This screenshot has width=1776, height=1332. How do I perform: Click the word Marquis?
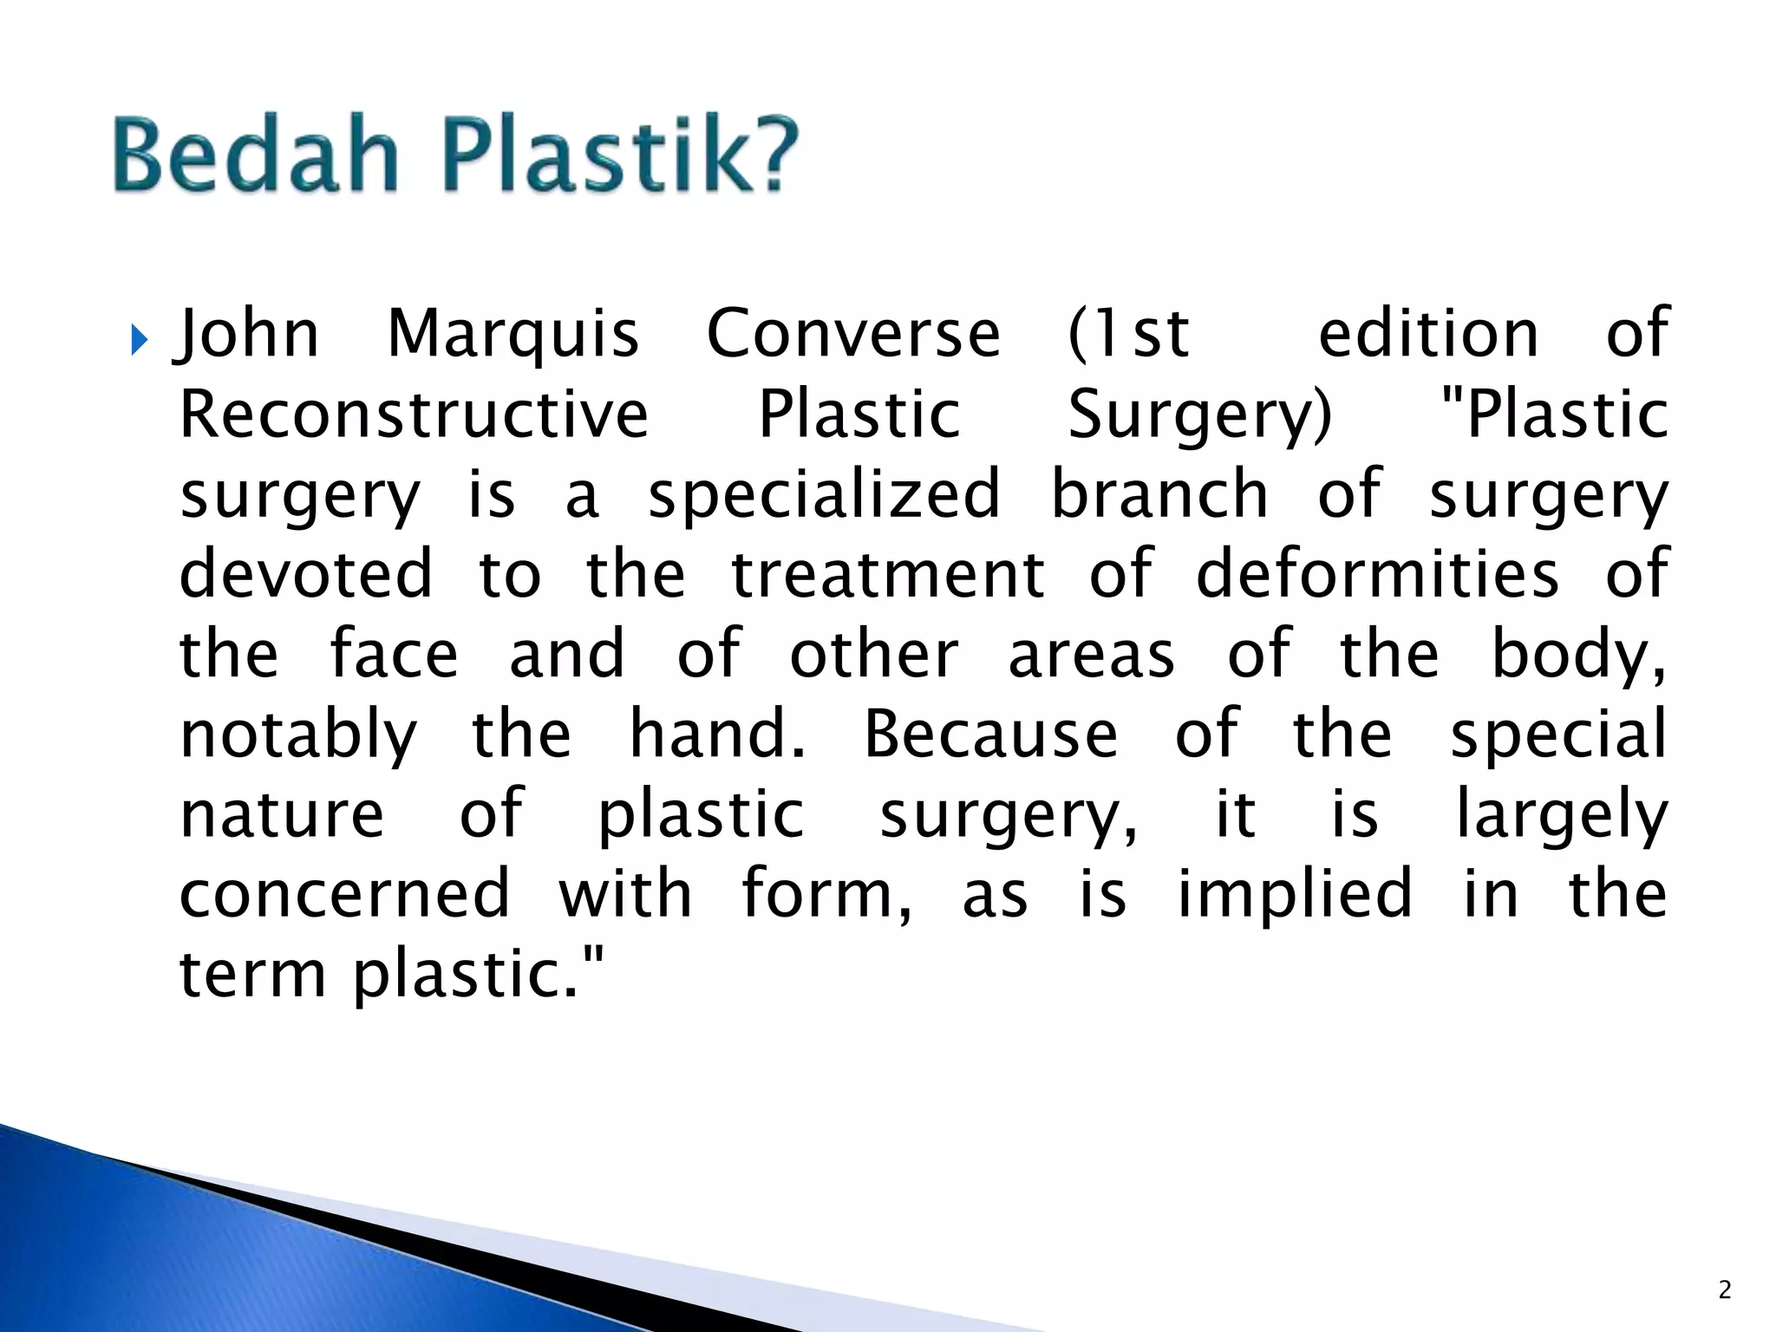click(x=513, y=334)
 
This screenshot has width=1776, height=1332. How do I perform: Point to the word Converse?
click(x=853, y=334)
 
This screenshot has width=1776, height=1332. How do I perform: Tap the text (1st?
click(x=1127, y=334)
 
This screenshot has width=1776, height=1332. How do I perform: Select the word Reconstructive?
click(x=414, y=415)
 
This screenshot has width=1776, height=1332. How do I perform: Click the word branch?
click(x=1159, y=493)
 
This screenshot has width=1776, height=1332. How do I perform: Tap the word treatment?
click(x=888, y=574)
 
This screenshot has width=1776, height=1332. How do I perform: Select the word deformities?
click(x=1377, y=574)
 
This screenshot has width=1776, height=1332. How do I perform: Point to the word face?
click(x=394, y=654)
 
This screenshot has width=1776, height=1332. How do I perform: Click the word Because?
click(x=991, y=735)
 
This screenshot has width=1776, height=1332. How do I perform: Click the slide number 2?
click(x=1724, y=1290)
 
